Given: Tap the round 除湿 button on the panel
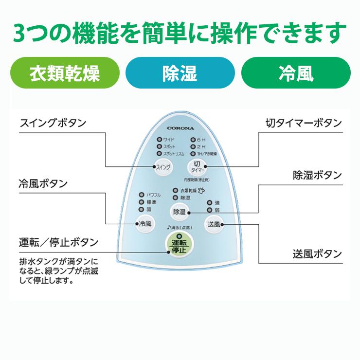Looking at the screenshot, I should click(x=179, y=212).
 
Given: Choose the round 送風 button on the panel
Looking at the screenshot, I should click(x=214, y=224).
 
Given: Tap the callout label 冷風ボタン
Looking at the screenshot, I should click(x=43, y=183).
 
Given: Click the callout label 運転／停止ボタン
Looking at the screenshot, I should click(x=59, y=242).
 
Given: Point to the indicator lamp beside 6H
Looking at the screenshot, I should click(x=193, y=140).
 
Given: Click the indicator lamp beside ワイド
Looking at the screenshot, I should click(x=159, y=140).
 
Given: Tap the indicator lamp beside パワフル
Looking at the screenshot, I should click(x=142, y=195).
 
